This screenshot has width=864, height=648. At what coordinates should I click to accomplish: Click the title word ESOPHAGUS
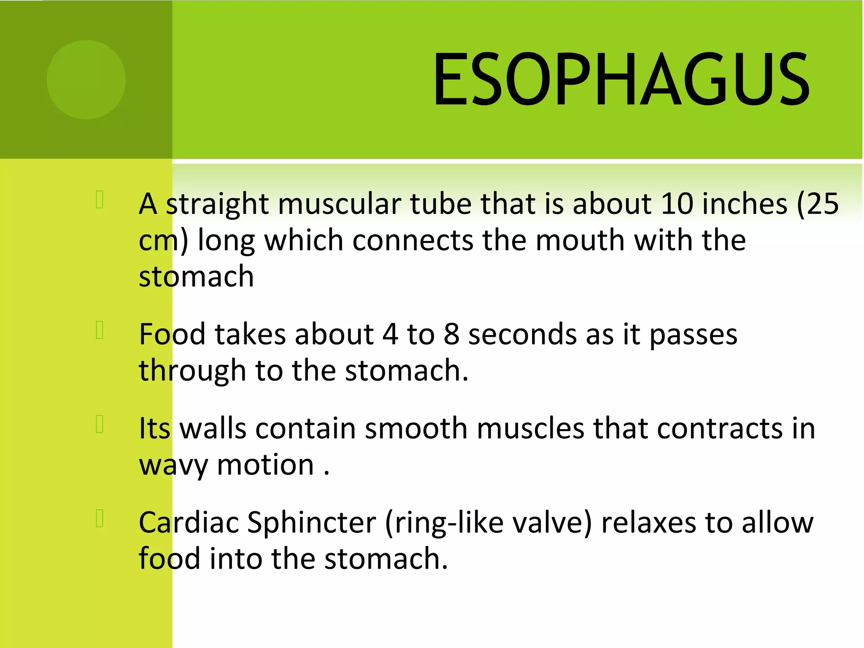click(x=621, y=79)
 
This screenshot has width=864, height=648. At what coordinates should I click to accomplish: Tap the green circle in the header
click(x=86, y=80)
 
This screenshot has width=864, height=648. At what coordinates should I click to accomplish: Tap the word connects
click(x=412, y=240)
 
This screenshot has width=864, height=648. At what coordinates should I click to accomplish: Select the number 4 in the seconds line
click(x=390, y=335)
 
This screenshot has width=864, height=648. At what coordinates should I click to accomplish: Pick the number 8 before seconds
click(x=451, y=335)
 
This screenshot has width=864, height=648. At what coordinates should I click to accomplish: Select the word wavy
click(x=173, y=466)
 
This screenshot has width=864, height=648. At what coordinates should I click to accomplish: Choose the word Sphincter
click(x=311, y=523)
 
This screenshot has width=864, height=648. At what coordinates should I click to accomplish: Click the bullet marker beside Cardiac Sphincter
click(x=100, y=518)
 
